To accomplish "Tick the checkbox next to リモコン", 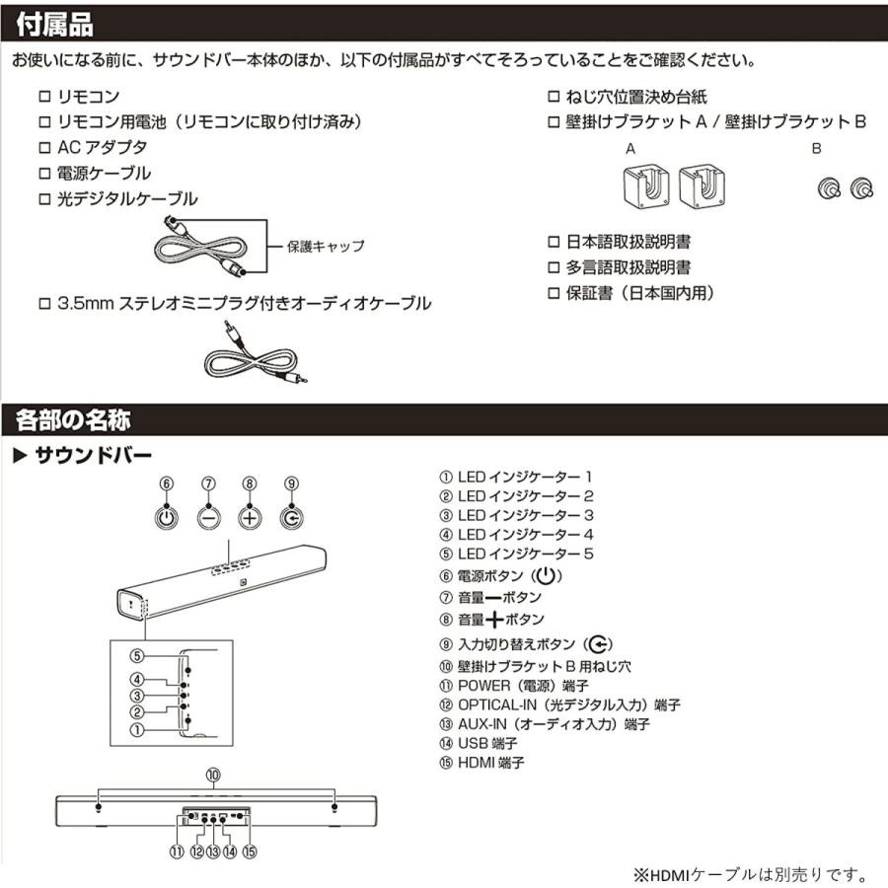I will pos(43,97).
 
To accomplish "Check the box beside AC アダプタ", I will pos(43,148).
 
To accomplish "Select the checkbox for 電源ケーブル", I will pos(43,174).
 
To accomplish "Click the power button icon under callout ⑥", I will pos(167,516).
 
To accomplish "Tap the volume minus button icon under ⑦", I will pos(208,516).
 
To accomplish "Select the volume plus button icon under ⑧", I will pos(250,516).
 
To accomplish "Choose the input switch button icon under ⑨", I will pos(291,516).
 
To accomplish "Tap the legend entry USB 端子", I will pos(488,744).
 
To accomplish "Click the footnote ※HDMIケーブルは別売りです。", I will pos(749,874).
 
